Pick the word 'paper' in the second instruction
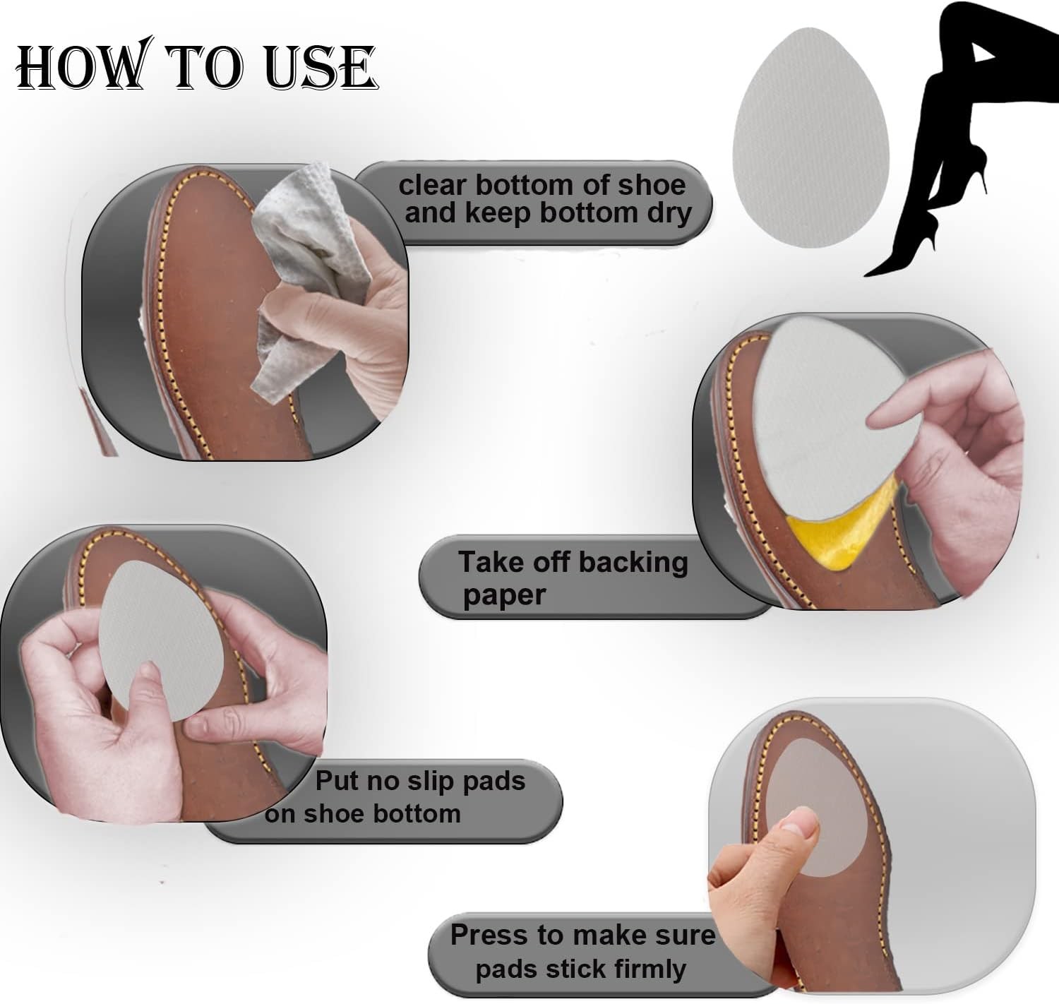click(x=504, y=594)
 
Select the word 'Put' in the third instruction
click(x=336, y=781)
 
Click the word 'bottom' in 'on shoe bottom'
click(x=417, y=813)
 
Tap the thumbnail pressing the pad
click(x=795, y=821)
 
